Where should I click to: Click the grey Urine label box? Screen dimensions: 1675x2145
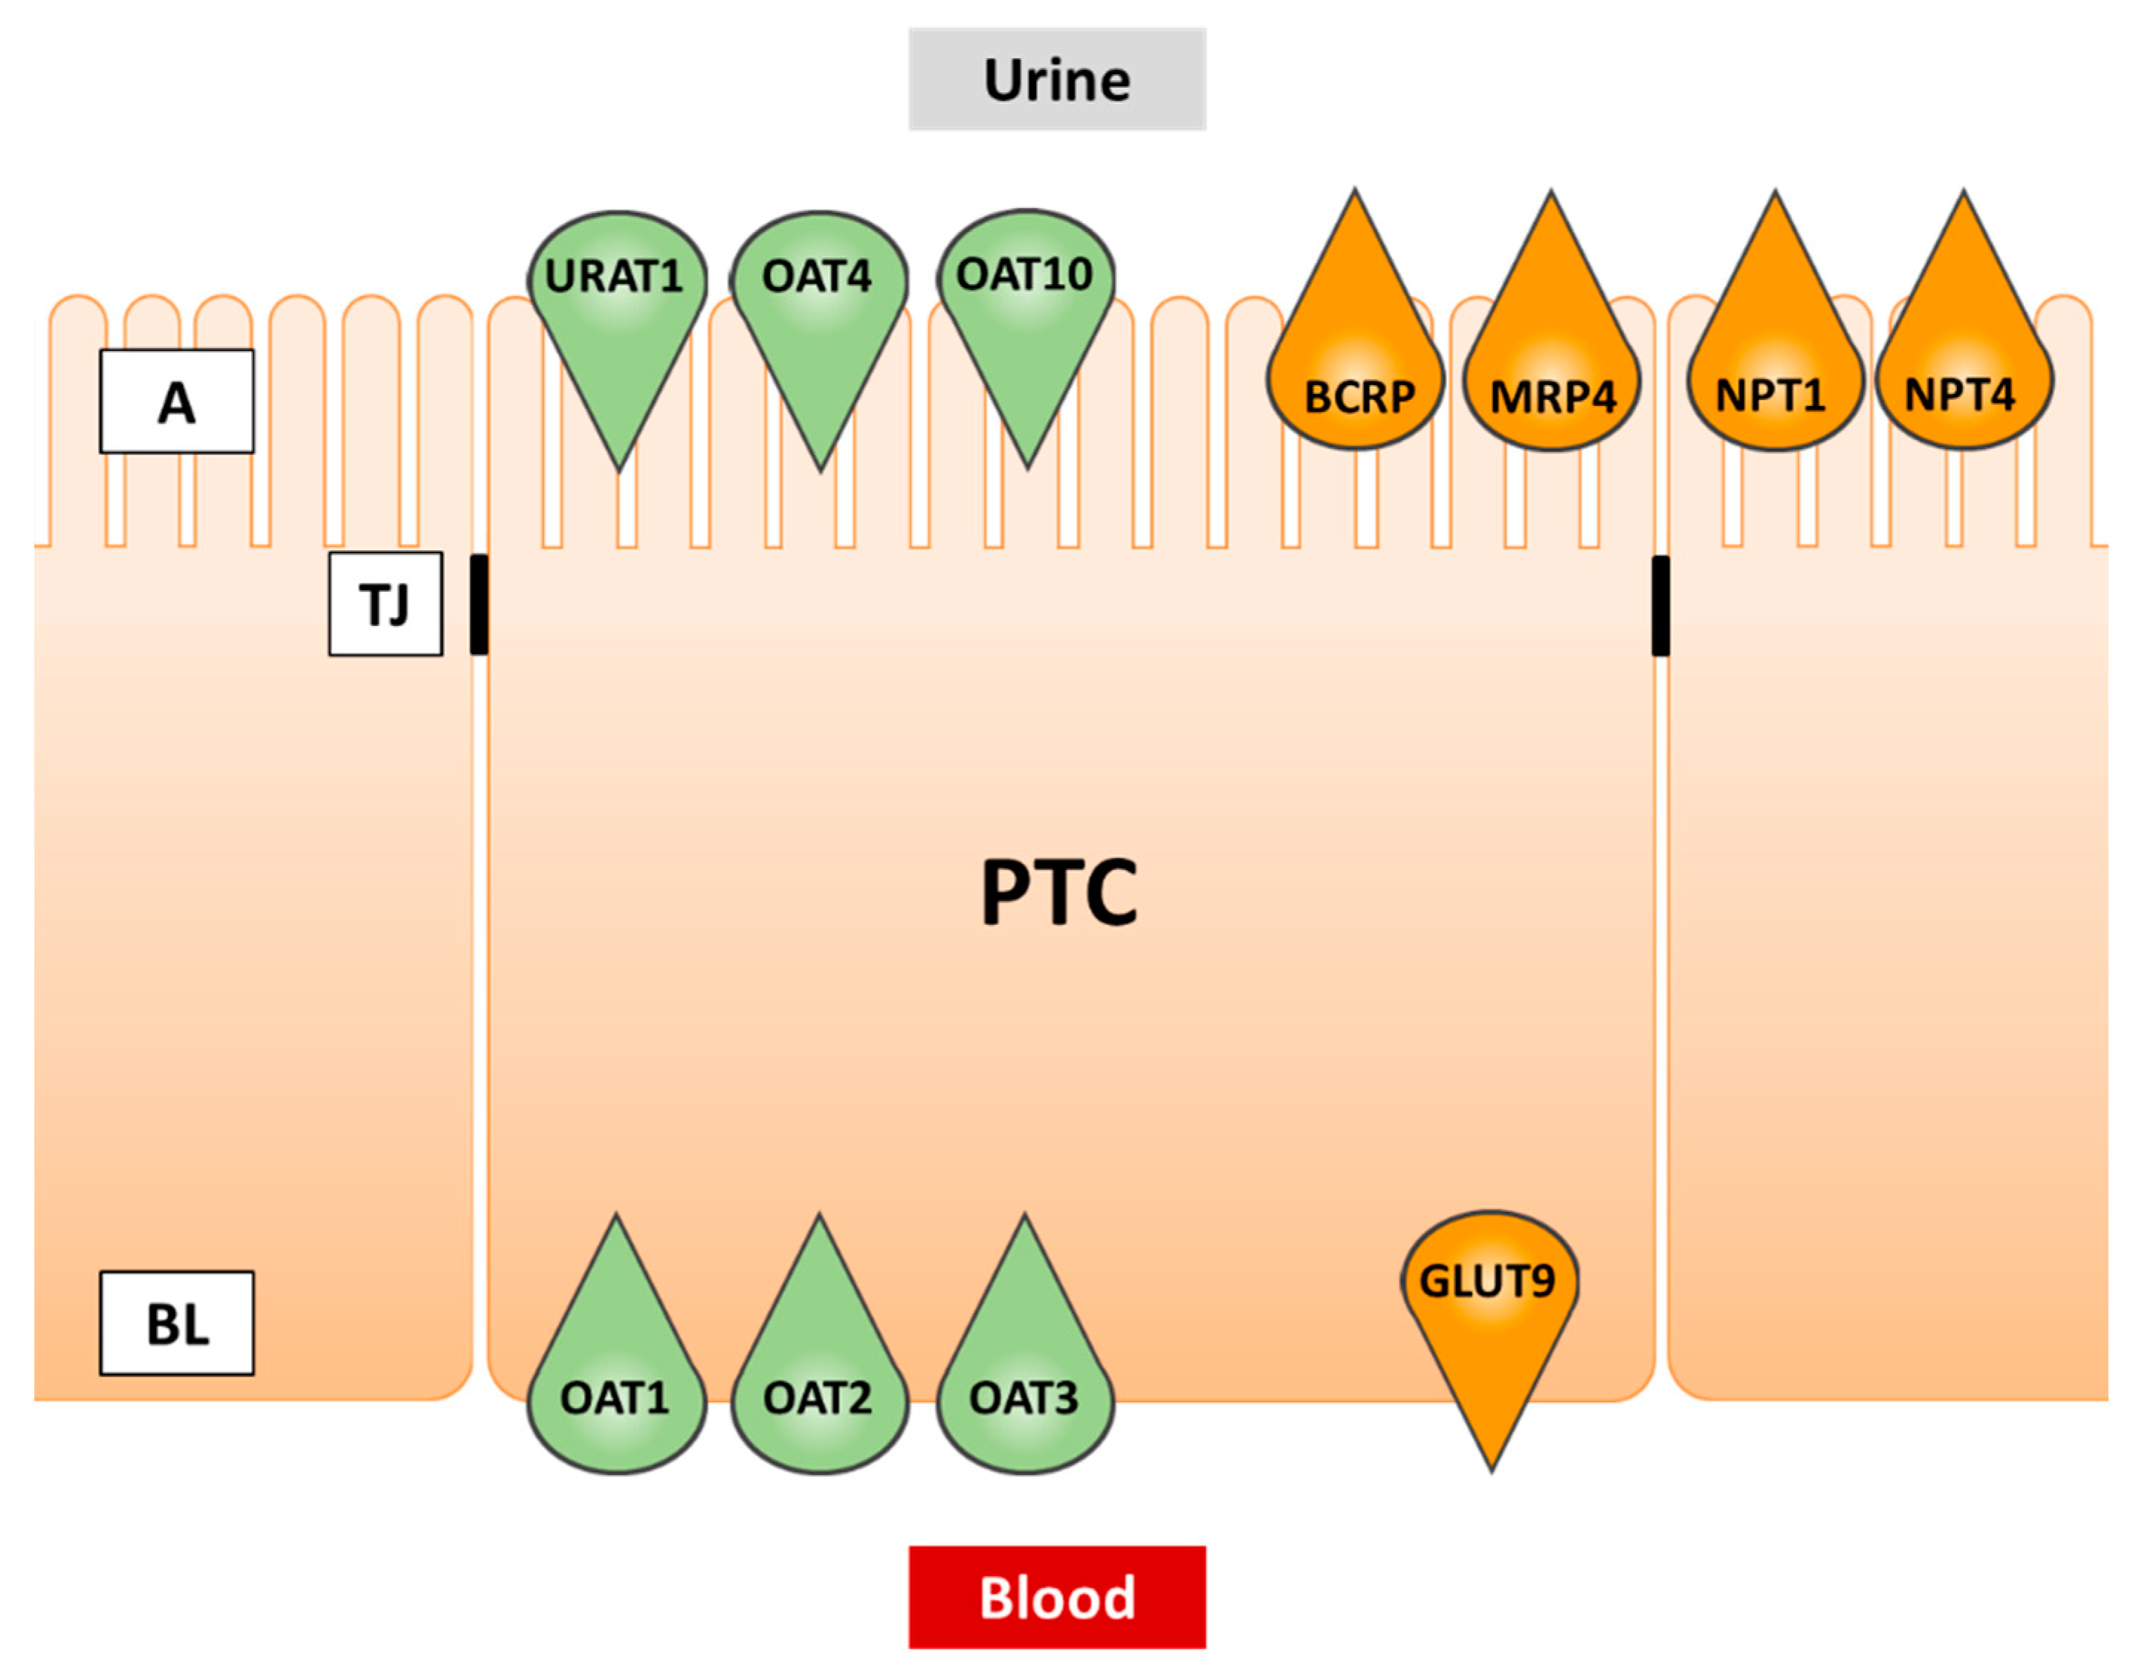point(1057,79)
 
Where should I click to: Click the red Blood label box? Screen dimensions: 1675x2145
point(1057,1596)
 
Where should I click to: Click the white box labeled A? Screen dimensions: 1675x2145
point(177,401)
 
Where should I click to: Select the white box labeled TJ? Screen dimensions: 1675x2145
point(385,603)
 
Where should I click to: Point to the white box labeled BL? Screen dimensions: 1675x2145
point(177,1323)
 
